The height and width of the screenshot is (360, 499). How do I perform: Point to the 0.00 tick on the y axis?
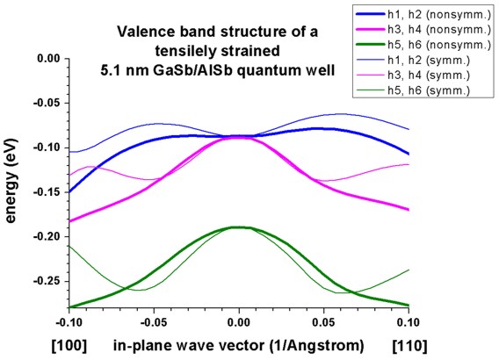(x=48, y=59)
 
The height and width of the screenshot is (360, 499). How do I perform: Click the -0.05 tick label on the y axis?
(x=47, y=104)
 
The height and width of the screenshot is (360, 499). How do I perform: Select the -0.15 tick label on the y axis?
(x=47, y=192)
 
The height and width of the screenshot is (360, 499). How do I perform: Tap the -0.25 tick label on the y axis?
(x=47, y=282)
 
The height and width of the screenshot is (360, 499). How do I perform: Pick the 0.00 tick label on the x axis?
(x=239, y=322)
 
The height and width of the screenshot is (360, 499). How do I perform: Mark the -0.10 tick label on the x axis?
(x=69, y=322)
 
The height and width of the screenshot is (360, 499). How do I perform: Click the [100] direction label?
(x=69, y=346)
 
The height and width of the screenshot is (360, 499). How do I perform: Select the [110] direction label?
(x=410, y=346)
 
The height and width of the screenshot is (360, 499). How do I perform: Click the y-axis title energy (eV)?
(x=11, y=181)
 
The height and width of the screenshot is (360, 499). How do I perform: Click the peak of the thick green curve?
(x=239, y=227)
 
